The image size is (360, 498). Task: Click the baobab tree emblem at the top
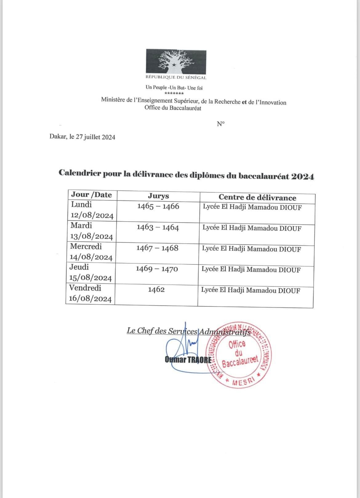176,62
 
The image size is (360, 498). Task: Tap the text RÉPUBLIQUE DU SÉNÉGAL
176,78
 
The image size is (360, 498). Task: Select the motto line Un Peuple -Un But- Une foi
174,88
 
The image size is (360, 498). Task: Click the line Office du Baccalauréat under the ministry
173,108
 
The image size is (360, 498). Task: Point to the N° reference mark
221,124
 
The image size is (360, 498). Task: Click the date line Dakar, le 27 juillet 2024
82,137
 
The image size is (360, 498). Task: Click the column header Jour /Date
91,195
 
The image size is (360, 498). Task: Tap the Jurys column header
158,196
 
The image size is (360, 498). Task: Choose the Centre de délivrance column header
257,197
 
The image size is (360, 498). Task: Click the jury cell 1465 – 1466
158,206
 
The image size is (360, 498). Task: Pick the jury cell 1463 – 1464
158,227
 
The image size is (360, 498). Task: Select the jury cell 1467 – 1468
157,248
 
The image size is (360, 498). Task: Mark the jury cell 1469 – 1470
157,269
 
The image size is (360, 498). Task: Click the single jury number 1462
156,290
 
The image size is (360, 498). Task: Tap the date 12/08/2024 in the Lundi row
92,215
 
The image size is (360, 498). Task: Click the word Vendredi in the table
85,288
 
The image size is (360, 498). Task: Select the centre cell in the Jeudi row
251,270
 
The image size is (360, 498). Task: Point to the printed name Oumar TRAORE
188,360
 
